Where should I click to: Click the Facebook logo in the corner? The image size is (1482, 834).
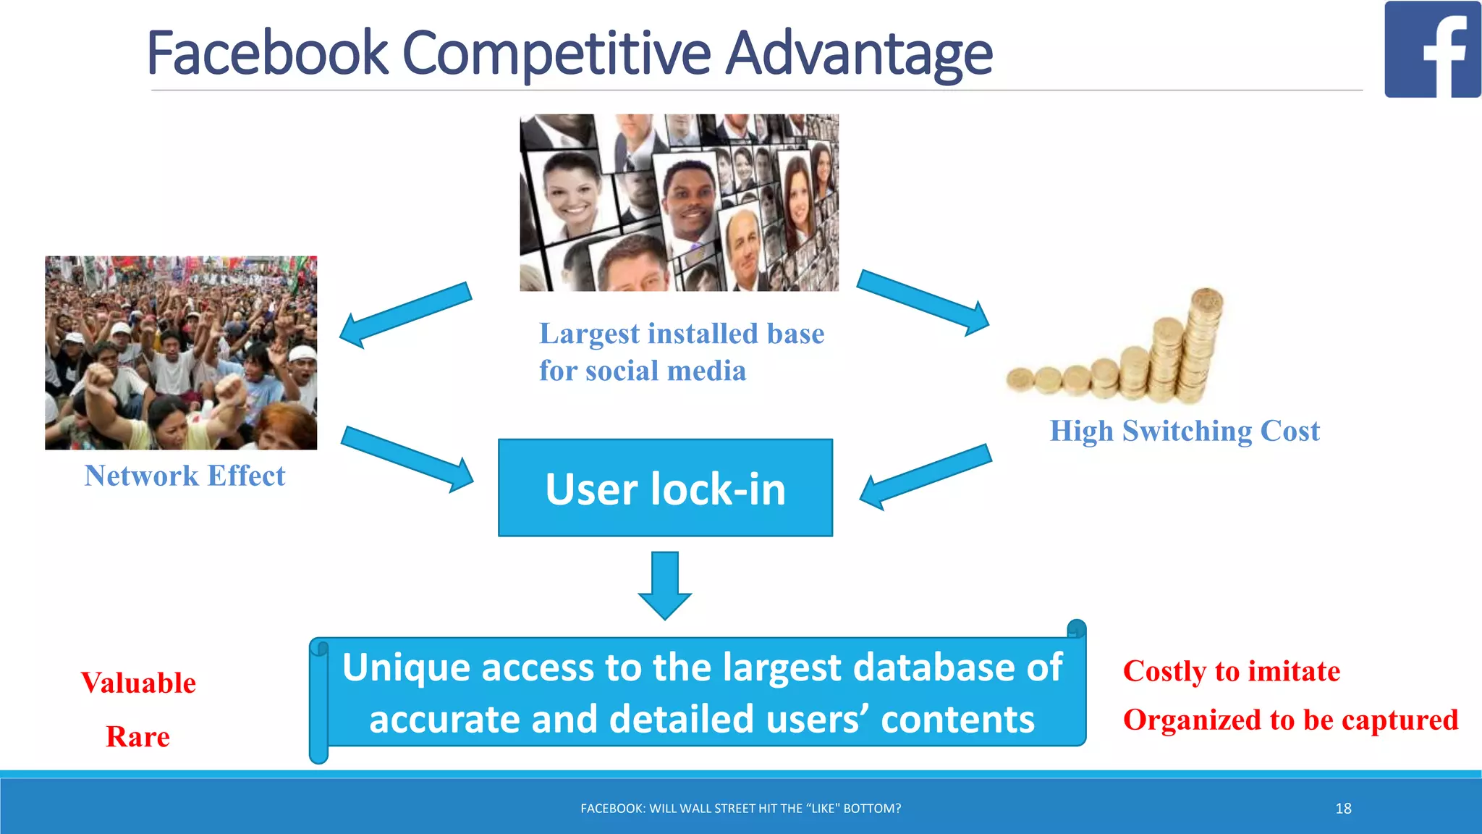[x=1432, y=49]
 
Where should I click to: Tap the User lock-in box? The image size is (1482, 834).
[x=665, y=488]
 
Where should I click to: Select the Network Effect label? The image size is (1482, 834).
[x=185, y=476]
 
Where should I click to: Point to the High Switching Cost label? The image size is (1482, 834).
[x=1185, y=431]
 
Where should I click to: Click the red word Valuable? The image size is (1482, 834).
[x=138, y=683]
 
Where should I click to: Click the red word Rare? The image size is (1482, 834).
[x=137, y=737]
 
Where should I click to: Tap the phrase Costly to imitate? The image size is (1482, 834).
[x=1231, y=671]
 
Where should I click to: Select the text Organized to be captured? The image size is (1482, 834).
[x=1290, y=720]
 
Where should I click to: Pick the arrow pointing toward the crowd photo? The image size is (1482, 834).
[x=405, y=314]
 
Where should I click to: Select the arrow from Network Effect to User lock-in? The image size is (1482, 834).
[x=407, y=459]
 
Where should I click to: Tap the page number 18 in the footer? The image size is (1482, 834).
[x=1343, y=809]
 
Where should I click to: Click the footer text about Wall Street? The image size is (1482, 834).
[x=740, y=809]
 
